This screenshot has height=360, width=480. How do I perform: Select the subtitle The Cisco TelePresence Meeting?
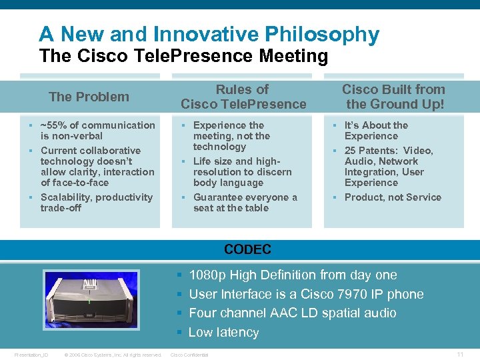[x=183, y=56]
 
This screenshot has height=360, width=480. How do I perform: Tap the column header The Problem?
[x=89, y=97]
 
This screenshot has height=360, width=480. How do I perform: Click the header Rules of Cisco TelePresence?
[x=243, y=97]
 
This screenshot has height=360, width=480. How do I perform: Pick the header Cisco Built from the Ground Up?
[x=393, y=97]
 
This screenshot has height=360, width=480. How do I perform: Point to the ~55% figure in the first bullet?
[x=53, y=125]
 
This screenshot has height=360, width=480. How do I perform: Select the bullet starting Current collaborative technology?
[x=97, y=166]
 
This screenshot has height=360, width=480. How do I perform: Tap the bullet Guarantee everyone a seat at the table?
[x=245, y=202]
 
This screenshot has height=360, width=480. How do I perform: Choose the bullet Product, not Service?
[x=393, y=197]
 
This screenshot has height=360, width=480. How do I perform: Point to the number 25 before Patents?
[x=350, y=151]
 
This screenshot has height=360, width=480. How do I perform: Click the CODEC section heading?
[x=247, y=250]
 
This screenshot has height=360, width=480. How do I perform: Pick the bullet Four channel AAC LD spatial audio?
[x=292, y=313]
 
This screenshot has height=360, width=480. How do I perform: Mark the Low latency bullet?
[x=223, y=332]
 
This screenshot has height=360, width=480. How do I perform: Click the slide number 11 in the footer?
[x=460, y=354]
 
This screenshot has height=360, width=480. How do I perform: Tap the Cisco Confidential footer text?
[x=190, y=355]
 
